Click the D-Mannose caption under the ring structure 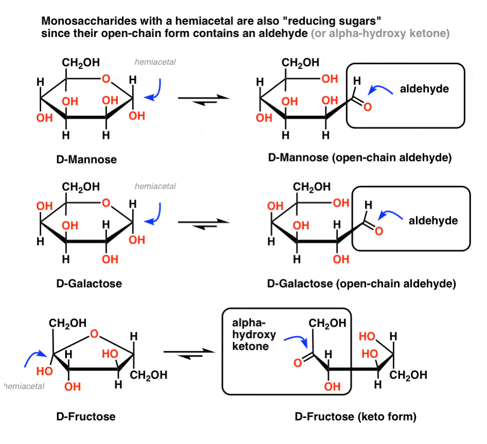pos(86,159)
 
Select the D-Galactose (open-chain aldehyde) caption pos(361,284)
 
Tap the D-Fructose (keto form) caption pos(356,416)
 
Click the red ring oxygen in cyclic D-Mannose pos(106,79)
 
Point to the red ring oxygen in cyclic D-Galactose pos(106,203)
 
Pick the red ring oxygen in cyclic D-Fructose pos(94,334)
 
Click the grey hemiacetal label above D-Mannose pos(155,62)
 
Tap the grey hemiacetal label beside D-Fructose pos(24,386)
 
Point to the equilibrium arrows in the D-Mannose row pos(204,100)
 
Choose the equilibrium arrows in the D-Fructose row pos(189,354)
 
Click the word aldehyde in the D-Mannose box pos(424,89)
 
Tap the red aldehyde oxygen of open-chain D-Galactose pos(379,231)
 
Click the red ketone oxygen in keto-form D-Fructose pos(298,363)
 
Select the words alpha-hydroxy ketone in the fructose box pos(254,335)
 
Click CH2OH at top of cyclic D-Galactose pos(81,187)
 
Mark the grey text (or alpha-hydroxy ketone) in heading pos(380,33)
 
